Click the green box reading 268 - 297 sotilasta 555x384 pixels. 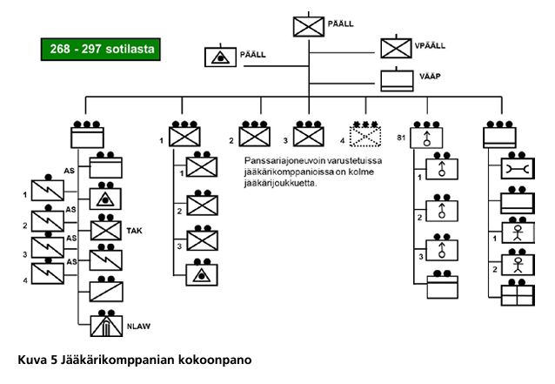(102, 50)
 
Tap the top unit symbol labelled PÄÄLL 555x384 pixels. (308, 26)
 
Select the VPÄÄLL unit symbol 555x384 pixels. (397, 47)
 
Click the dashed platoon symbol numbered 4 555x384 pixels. (366, 137)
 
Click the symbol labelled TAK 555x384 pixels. (108, 230)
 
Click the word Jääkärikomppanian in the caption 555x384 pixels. (117, 359)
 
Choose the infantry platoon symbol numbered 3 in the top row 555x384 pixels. (308, 137)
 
